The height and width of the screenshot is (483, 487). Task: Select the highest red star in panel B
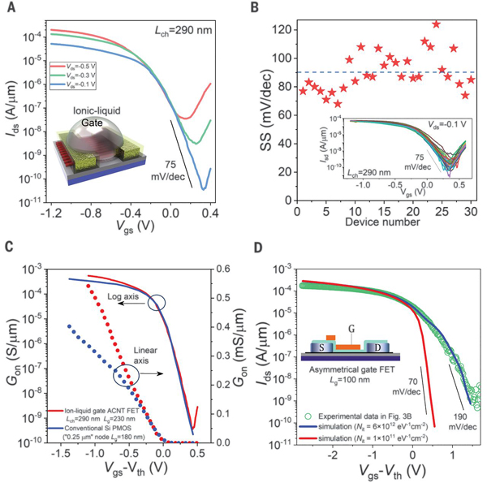[x=436, y=24]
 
